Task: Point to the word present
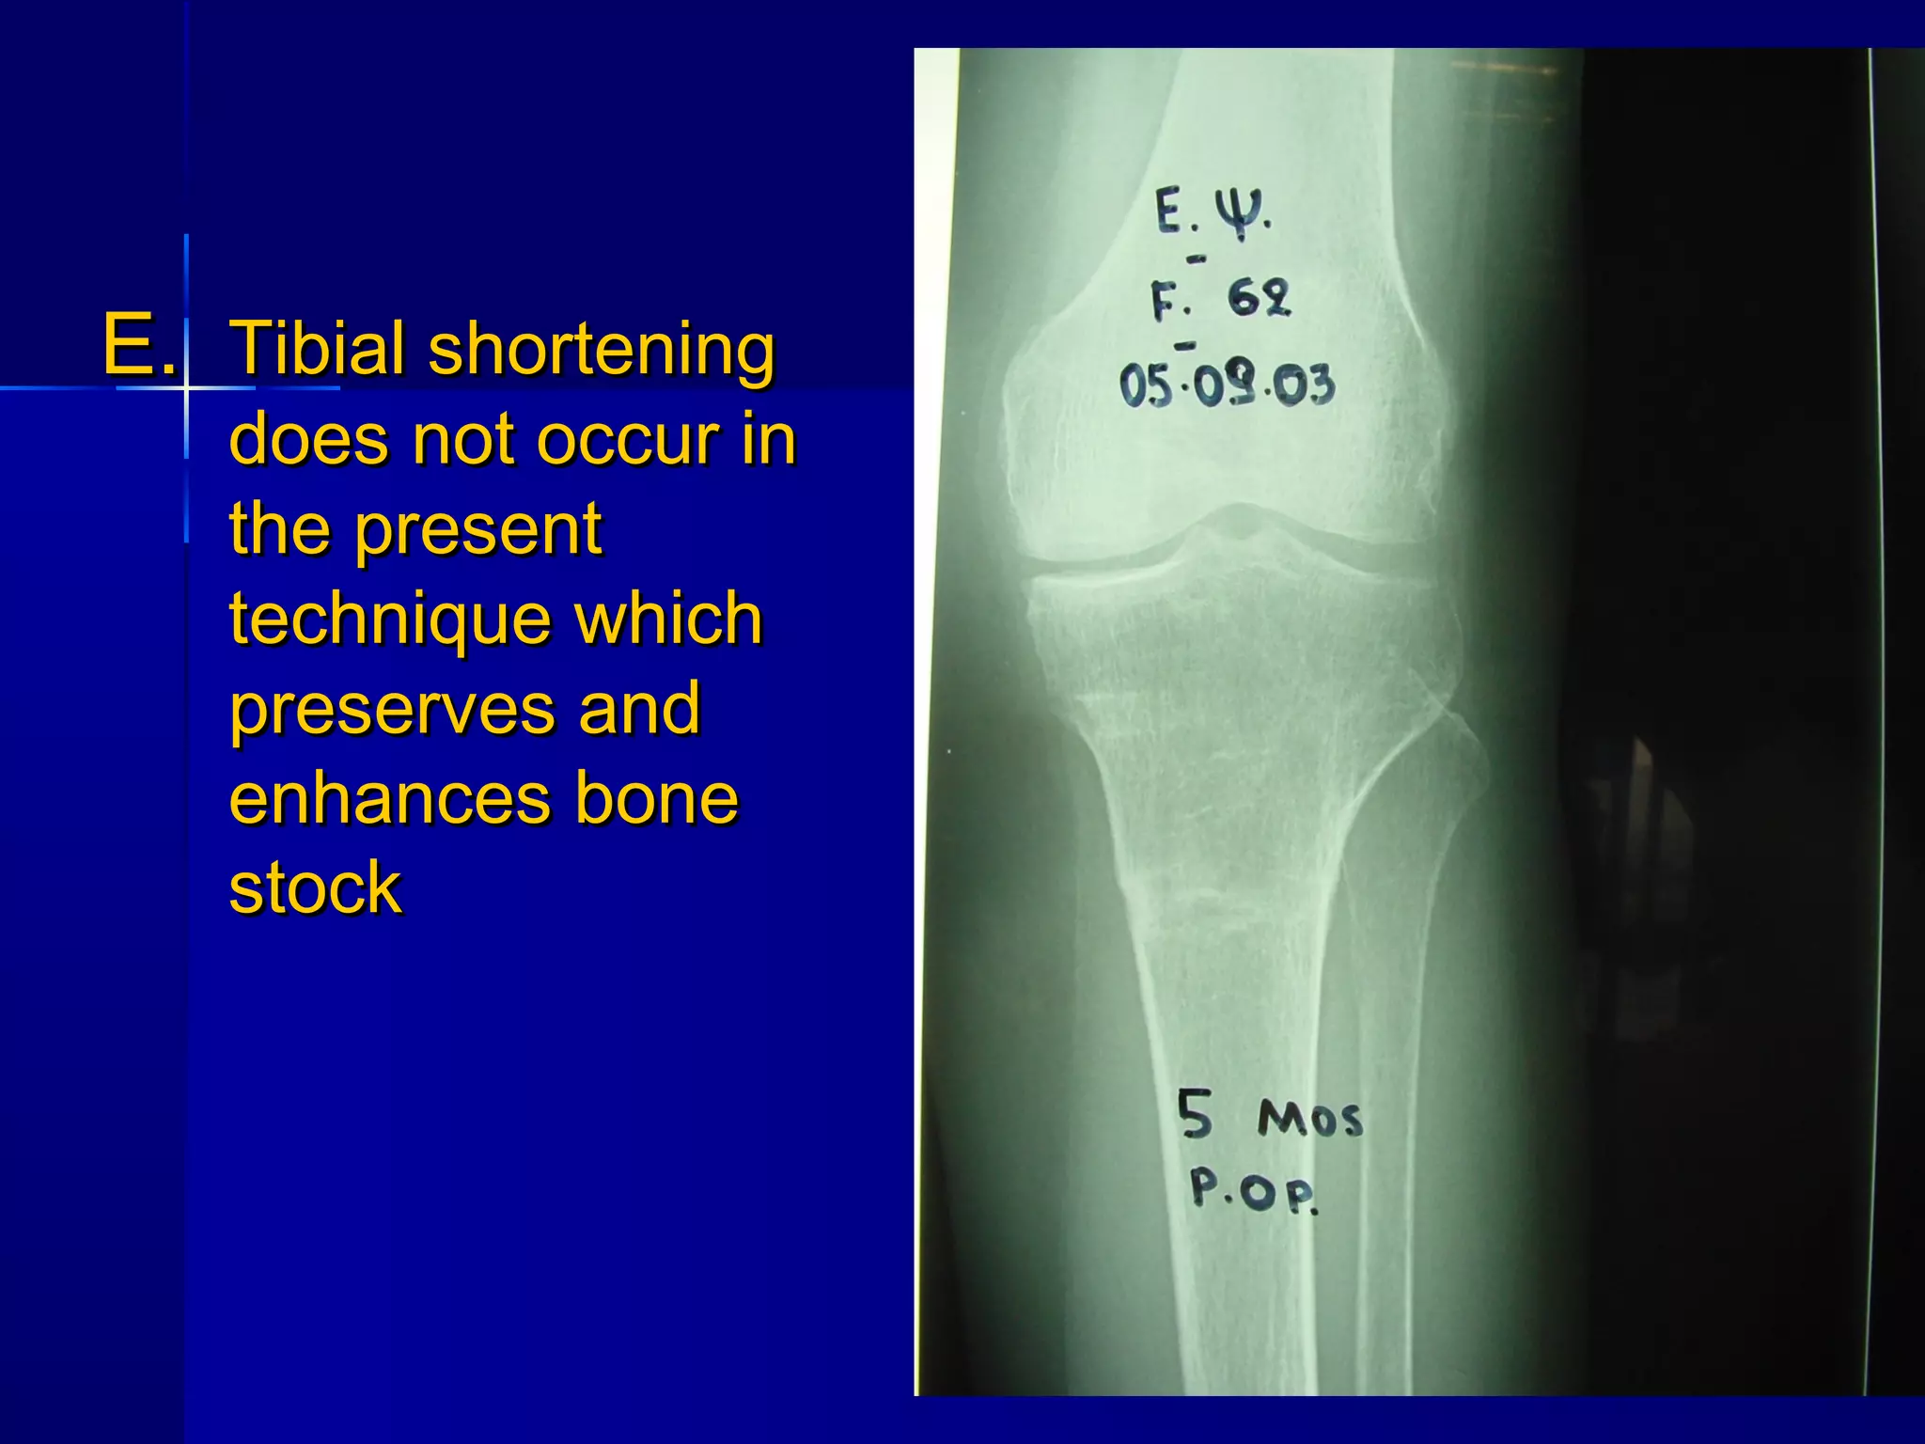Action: pos(478,529)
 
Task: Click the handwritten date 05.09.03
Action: pos(1226,385)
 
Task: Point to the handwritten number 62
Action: pos(1260,299)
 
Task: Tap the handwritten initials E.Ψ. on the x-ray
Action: pos(1213,213)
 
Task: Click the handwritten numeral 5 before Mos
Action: pos(1196,1115)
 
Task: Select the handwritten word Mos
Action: pos(1309,1120)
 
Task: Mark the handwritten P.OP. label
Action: pos(1253,1191)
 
